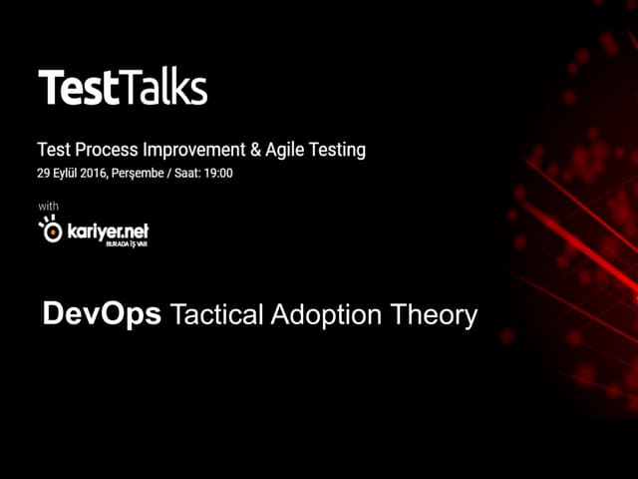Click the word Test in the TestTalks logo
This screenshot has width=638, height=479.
(78, 89)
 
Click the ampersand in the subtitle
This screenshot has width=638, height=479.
(257, 151)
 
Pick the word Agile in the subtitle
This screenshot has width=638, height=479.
(288, 151)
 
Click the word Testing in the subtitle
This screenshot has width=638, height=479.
(339, 151)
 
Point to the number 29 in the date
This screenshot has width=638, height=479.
(44, 173)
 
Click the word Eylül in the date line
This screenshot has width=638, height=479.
(70, 173)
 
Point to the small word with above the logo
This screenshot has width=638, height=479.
(48, 206)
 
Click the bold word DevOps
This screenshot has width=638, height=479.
(103, 315)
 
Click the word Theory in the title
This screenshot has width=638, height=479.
(436, 316)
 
